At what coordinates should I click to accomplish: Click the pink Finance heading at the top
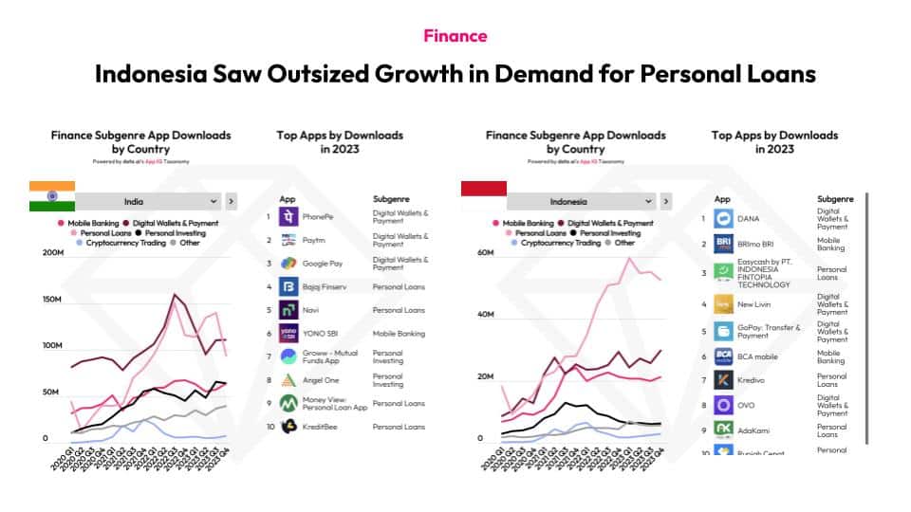pyautogui.click(x=455, y=36)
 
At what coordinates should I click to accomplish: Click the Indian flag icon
pyautogui.click(x=45, y=195)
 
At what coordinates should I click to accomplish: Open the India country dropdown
pyautogui.click(x=147, y=202)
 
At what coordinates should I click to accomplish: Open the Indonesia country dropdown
pyautogui.click(x=580, y=202)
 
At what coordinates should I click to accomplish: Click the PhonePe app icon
pyautogui.click(x=288, y=217)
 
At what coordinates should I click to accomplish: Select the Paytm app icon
pyautogui.click(x=288, y=241)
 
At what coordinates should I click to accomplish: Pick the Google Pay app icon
pyautogui.click(x=288, y=264)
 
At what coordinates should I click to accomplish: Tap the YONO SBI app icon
pyautogui.click(x=288, y=334)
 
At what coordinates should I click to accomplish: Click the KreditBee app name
pyautogui.click(x=321, y=427)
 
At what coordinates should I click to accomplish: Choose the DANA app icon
pyautogui.click(x=724, y=218)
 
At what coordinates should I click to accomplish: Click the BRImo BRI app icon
pyautogui.click(x=724, y=244)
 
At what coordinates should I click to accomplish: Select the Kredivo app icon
pyautogui.click(x=724, y=379)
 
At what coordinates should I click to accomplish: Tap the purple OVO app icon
pyautogui.click(x=724, y=404)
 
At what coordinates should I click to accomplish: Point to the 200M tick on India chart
pyautogui.click(x=53, y=253)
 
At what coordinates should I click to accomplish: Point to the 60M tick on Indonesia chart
pyautogui.click(x=486, y=253)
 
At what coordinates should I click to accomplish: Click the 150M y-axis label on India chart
pyautogui.click(x=53, y=300)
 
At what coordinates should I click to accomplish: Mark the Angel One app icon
pyautogui.click(x=288, y=380)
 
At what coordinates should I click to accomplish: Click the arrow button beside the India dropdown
pyautogui.click(x=232, y=202)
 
